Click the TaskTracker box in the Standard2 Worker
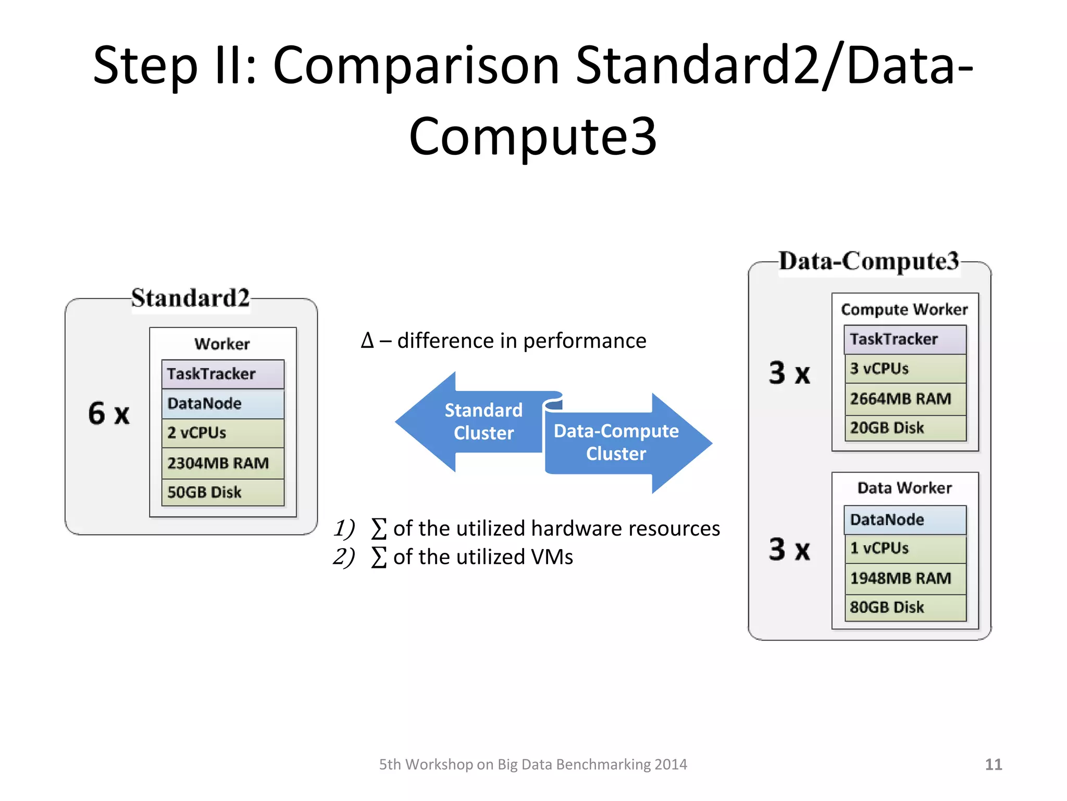pos(222,374)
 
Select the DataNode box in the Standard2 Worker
pos(222,404)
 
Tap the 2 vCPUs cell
pos(222,433)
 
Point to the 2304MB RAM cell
pos(222,463)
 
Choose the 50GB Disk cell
pos(222,492)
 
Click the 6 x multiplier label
pos(108,414)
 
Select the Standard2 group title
pos(190,298)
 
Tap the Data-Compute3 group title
pos(869,261)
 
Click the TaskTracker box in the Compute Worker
pos(905,339)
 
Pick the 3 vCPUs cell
pos(905,369)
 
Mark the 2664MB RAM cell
pos(905,399)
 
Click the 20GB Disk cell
pos(905,428)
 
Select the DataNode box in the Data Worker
pos(905,520)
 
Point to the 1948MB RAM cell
pos(905,578)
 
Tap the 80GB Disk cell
pos(905,608)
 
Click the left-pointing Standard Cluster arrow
pos(469,421)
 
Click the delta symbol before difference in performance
pos(367,341)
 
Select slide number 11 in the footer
pos(993,764)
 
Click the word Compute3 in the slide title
pos(532,137)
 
